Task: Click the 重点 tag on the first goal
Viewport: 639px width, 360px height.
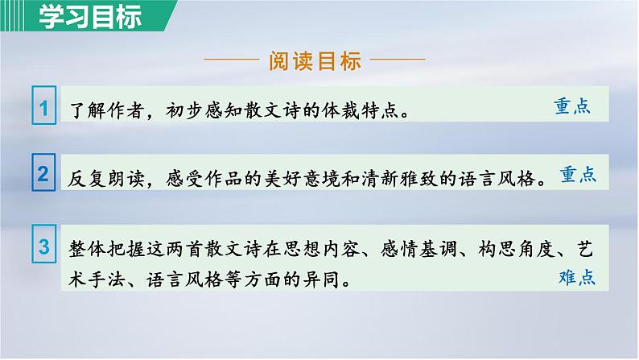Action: pyautogui.click(x=573, y=106)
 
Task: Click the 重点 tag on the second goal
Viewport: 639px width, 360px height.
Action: pyautogui.click(x=578, y=173)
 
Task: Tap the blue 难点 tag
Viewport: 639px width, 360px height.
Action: pyautogui.click(x=576, y=278)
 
